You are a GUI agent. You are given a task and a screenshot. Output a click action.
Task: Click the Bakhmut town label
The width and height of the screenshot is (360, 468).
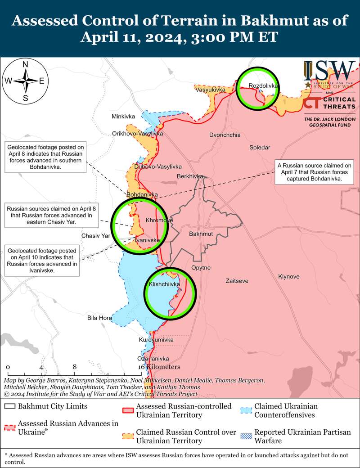pos(201,234)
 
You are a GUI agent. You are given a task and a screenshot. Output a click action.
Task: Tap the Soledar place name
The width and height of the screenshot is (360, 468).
pos(260,148)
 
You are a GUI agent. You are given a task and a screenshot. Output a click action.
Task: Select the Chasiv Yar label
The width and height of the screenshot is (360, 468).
pos(96,236)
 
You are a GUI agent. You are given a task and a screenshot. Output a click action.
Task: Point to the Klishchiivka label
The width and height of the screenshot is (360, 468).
pos(164,284)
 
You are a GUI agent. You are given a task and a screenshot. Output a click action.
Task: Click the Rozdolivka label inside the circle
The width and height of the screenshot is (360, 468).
pos(264,85)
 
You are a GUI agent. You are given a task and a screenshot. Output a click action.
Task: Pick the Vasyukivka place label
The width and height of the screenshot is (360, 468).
pos(210,90)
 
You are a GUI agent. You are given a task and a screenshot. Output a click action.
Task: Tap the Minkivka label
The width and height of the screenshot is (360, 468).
pos(123,117)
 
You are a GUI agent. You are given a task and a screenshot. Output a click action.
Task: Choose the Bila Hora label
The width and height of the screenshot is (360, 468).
pos(99,318)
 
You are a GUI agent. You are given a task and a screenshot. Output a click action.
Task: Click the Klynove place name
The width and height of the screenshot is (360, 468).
pos(289,276)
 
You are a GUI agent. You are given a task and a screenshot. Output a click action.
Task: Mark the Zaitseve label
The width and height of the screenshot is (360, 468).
pos(237,281)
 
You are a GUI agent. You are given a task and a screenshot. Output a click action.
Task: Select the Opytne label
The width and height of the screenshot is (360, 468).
pos(201,268)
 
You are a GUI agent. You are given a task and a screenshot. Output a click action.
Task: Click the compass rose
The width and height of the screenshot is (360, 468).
pos(26,81)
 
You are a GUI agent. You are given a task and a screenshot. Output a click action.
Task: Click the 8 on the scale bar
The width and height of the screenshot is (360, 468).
pos(75,367)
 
